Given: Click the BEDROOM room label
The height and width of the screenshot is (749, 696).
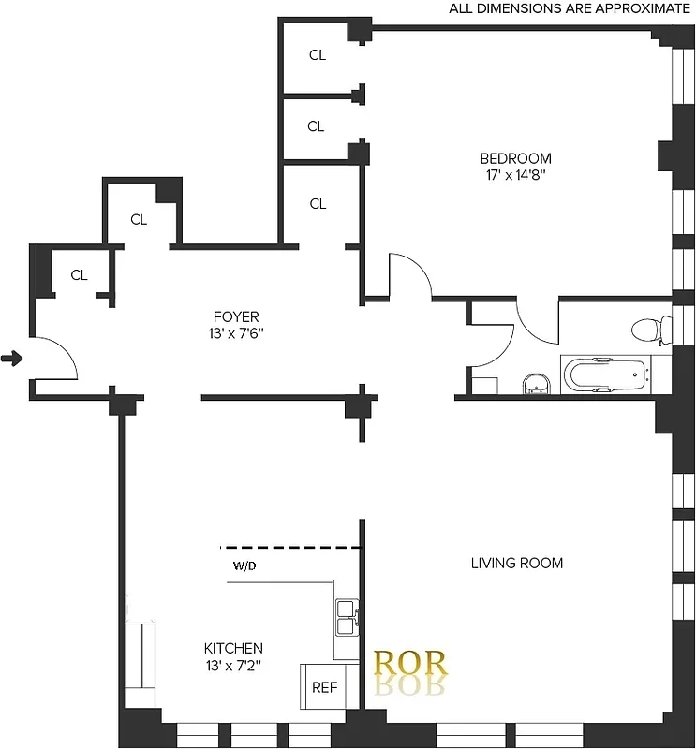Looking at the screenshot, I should (515, 158).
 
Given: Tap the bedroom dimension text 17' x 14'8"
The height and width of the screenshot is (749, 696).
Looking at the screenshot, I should (515, 174).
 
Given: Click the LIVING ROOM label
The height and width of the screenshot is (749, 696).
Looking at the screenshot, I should (516, 563).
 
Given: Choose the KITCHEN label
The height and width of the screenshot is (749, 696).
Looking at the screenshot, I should (233, 648).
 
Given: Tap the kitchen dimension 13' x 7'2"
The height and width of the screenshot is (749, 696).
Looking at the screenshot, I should (233, 666).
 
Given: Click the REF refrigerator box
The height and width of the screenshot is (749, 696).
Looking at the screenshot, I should (324, 687).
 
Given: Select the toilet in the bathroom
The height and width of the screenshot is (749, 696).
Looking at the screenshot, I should (649, 330).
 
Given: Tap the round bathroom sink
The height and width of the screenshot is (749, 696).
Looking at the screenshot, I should (535, 383).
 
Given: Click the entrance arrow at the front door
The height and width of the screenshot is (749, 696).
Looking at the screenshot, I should (12, 359).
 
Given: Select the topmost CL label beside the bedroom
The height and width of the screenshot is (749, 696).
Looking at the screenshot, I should (318, 55).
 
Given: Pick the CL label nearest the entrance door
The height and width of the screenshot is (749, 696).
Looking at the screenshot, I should (79, 275).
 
